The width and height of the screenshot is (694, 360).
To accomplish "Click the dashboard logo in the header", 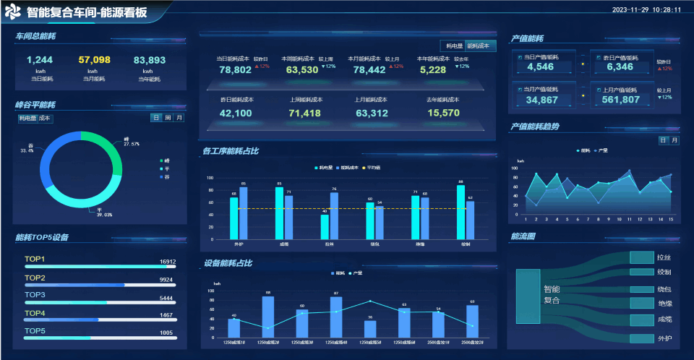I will pyautogui.click(x=13, y=12).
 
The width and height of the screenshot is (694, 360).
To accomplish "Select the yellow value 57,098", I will pyautogui.click(x=94, y=60).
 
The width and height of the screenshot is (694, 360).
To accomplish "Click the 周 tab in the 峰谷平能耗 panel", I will pyautogui.click(x=168, y=117).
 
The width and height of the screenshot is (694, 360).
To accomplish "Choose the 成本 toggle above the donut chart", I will pyautogui.click(x=46, y=117).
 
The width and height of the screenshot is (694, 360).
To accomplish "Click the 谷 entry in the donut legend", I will pyautogui.click(x=167, y=176).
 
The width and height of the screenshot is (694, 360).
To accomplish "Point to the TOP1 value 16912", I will pyautogui.click(x=167, y=262).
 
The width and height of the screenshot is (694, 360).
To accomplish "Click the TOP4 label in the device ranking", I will pyautogui.click(x=35, y=313).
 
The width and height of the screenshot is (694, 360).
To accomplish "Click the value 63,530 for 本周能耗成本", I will pyautogui.click(x=302, y=70).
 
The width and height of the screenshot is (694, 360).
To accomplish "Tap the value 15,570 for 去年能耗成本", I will pyautogui.click(x=443, y=113).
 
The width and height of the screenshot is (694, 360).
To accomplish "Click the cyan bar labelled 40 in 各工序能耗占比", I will pyautogui.click(x=325, y=226).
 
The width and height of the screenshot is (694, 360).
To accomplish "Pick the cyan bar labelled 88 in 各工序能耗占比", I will pyautogui.click(x=460, y=211).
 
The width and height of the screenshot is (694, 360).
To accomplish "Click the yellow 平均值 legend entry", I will pyautogui.click(x=373, y=168).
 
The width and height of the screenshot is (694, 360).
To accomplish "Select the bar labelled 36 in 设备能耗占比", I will pyautogui.click(x=370, y=329).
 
